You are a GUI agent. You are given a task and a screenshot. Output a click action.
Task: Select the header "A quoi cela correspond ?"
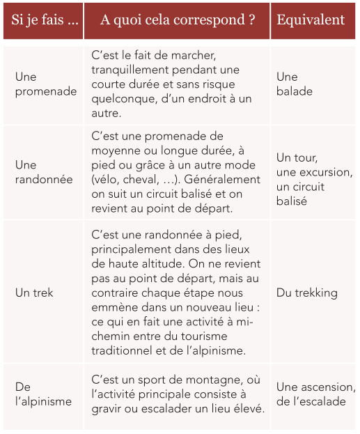coord(177,20)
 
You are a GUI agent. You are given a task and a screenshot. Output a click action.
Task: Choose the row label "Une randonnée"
coord(43,172)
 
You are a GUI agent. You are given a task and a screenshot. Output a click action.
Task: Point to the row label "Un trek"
coord(34,293)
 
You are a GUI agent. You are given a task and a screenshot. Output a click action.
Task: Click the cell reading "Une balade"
coord(294,84)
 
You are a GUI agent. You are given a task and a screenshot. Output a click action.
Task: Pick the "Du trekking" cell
coord(306,293)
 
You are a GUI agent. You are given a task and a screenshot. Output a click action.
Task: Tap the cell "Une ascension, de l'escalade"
coord(315,394)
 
